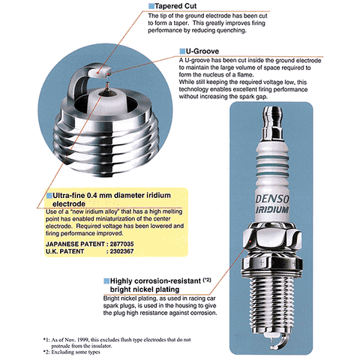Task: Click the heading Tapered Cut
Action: [175, 6]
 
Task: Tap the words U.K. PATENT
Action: [55, 253]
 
